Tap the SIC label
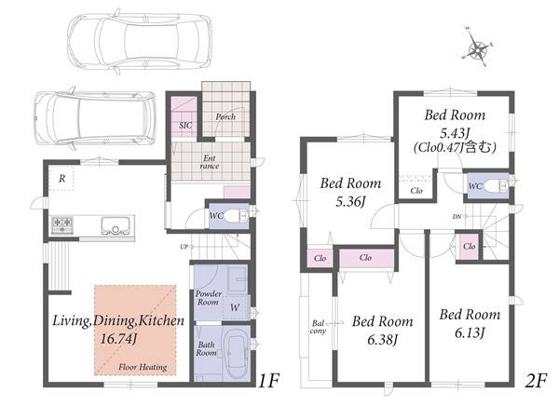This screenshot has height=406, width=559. click(185, 126)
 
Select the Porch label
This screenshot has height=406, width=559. click(225, 116)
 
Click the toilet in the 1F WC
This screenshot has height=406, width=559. click(237, 216)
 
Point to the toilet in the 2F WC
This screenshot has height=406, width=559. click(497, 185)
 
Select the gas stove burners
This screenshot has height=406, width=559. click(62, 225)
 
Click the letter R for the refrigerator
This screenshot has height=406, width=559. click(62, 178)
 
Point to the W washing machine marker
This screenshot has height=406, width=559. click(235, 307)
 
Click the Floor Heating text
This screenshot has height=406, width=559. click(143, 367)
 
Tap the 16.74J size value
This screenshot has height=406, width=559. click(118, 339)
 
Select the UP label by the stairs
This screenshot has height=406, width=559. click(184, 247)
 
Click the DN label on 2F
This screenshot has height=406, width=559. click(457, 216)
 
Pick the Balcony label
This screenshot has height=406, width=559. click(318, 327)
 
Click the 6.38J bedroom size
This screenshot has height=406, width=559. click(383, 340)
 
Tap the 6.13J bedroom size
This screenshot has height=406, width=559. click(470, 332)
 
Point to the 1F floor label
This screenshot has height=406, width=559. click(268, 381)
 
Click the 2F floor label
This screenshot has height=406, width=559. click(536, 381)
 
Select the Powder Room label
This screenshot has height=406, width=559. click(209, 298)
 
